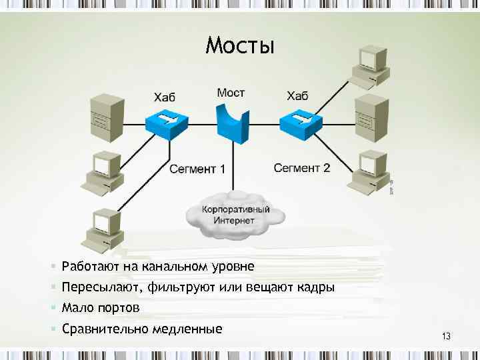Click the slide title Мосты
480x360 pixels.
[x=240, y=45]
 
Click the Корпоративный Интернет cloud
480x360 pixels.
[x=237, y=214]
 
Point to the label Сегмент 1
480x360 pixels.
[x=197, y=169]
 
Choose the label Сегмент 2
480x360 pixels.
[x=302, y=168]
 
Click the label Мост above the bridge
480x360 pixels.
[x=231, y=93]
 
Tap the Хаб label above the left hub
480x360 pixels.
[x=165, y=97]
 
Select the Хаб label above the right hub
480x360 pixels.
[x=298, y=96]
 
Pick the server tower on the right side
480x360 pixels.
[x=371, y=116]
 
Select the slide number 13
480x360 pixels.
[x=446, y=337]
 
